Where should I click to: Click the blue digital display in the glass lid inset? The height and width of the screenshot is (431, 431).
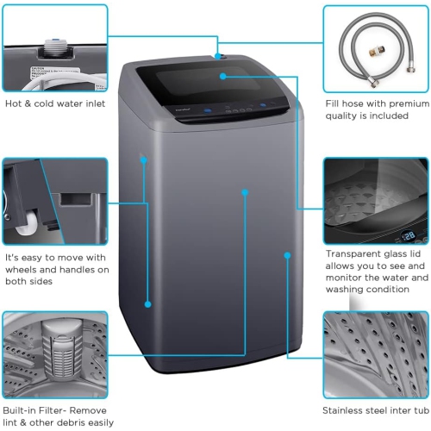tap(409, 234)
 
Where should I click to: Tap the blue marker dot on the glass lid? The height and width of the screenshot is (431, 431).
tap(222, 76)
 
